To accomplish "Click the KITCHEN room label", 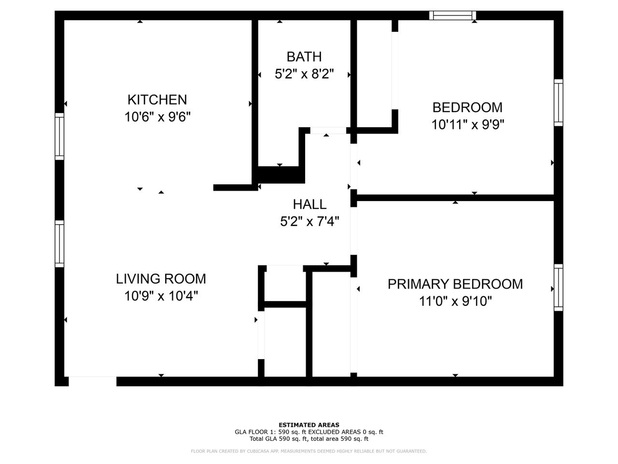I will point(157,100).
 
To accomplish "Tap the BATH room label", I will point(304,57).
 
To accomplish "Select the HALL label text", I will point(309,204).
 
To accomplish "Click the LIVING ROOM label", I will point(161,279).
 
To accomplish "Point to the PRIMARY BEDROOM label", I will point(455,284).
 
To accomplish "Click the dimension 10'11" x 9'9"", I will point(467,125).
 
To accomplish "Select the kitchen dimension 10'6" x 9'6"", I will point(157,117).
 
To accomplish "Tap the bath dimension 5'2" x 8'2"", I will point(304,74).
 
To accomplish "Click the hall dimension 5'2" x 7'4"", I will point(309,221).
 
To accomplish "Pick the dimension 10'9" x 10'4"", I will point(161,296).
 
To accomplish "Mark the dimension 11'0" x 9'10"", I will point(455,301).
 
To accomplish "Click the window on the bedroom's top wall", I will point(452,15).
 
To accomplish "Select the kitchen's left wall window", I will point(59,136).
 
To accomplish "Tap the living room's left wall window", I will point(59,244).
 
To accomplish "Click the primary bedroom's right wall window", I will point(558,288).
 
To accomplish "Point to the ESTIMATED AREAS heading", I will point(309,425).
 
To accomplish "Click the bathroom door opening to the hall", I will point(328,130).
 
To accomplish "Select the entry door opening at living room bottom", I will point(92,381).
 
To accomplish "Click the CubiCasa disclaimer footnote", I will point(309,451).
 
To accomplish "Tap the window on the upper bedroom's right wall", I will point(558,102).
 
